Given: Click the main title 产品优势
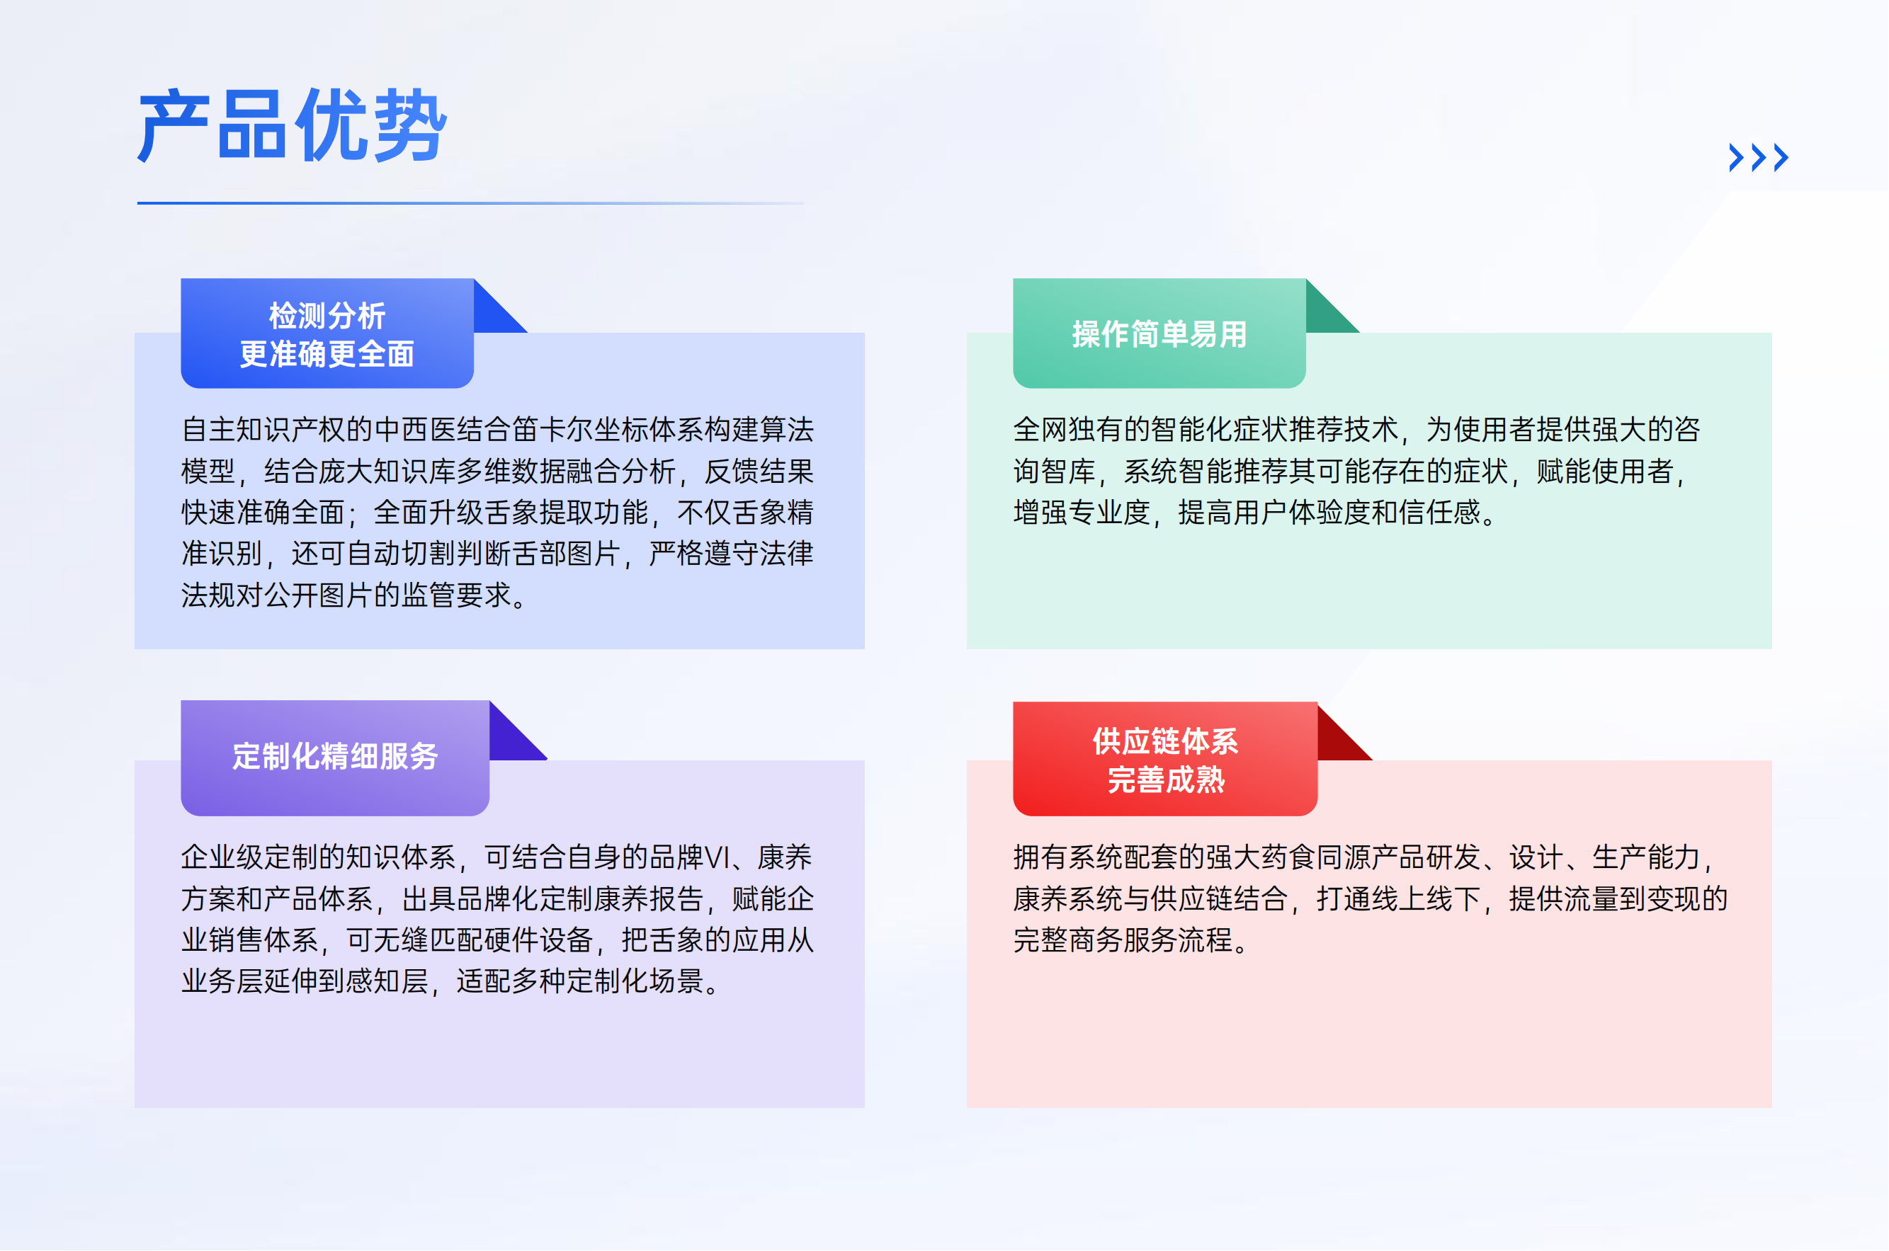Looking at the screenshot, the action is coord(292,125).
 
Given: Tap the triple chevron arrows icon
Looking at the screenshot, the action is coord(1758,157).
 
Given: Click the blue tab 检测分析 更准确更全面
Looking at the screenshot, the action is coord(327,333).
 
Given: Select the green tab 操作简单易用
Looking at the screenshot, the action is coord(1159,333).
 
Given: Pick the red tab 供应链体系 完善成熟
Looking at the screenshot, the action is coord(1165,759).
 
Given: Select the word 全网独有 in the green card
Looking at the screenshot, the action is coord(1068,429).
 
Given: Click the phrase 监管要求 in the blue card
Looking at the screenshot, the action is coord(456,595).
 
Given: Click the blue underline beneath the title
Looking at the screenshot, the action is coord(471,202).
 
